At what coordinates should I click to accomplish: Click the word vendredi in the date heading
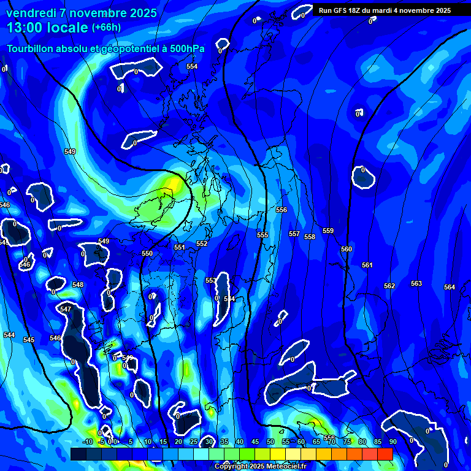31,13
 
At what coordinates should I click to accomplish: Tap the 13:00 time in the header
25,28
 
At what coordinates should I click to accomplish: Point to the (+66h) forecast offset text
106,27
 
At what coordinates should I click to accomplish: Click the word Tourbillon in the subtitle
31,48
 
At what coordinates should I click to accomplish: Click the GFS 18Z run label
344,10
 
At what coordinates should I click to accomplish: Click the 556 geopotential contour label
281,210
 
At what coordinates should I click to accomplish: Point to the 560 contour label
347,250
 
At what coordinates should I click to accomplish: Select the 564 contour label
450,288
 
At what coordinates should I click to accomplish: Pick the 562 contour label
389,286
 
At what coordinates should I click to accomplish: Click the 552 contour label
202,244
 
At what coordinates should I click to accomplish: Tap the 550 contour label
147,254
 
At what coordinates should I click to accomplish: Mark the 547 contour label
66,310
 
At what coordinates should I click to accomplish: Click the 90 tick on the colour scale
392,442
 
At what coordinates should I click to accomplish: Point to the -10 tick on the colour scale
87,442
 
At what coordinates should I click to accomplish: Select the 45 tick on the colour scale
255,442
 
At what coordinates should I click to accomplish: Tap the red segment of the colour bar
385,454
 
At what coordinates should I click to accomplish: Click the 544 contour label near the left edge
9,335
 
